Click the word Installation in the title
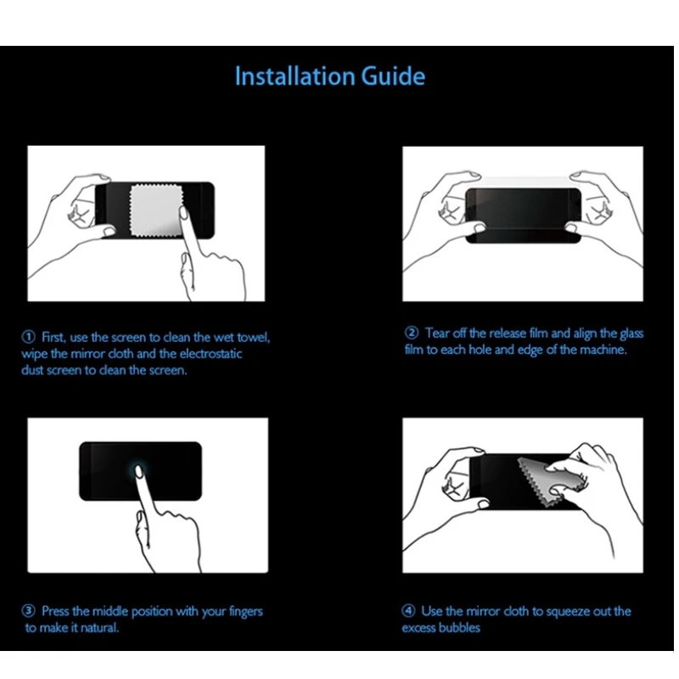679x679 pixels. tap(295, 76)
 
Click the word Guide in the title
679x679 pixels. tap(393, 76)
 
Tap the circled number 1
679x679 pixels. tap(29, 337)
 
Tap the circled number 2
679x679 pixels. tap(412, 333)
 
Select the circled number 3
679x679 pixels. tap(29, 611)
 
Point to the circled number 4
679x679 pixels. tap(408, 611)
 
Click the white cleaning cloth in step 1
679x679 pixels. tap(156, 210)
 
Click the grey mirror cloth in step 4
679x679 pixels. tap(549, 480)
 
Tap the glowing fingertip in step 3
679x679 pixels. tap(139, 471)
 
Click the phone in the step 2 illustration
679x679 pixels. tap(523, 216)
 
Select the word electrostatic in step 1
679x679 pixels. tap(210, 354)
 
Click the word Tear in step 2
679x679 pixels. tap(436, 333)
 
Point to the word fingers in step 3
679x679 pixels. tap(245, 612)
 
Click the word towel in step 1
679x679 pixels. tap(253, 337)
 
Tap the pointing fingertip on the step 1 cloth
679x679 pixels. tap(183, 213)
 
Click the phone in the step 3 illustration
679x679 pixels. tap(140, 471)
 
